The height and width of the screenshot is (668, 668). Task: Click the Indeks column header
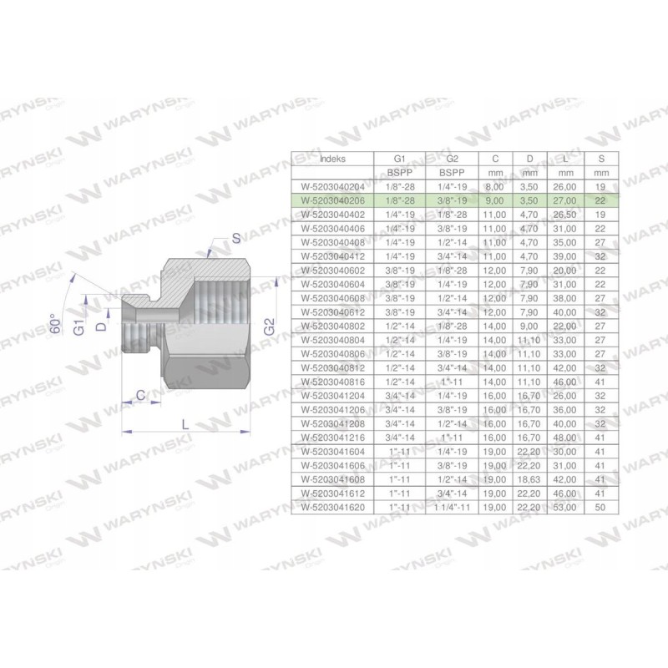coord(332,158)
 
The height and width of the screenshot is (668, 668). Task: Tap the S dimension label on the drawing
coord(236,239)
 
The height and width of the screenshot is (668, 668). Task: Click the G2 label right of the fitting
coord(269,326)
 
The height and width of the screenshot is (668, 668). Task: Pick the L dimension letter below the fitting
coord(185,425)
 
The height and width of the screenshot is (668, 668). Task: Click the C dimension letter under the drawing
coord(140,393)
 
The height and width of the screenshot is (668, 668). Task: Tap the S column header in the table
coord(600,158)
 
